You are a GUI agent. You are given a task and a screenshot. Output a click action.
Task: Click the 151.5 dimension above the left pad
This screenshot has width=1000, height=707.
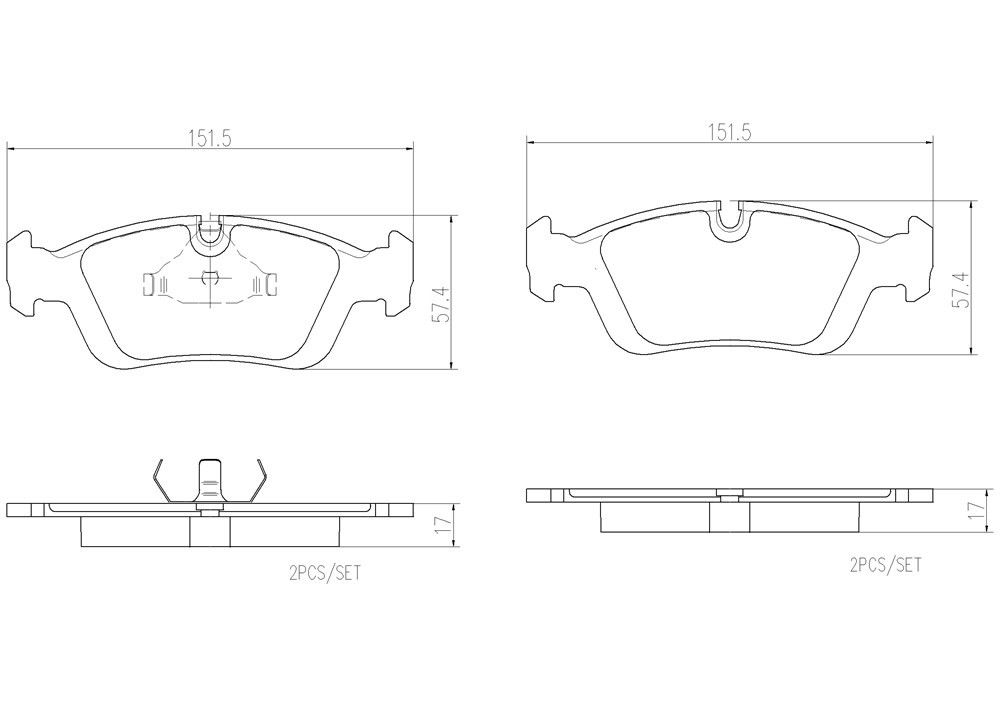tap(211, 140)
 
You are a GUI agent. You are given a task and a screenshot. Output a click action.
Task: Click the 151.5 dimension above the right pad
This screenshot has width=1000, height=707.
tap(731, 132)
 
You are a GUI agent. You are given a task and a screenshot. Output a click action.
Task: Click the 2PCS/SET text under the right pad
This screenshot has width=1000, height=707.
tap(884, 565)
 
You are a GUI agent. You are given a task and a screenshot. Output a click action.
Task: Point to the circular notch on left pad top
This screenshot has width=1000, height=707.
tap(210, 235)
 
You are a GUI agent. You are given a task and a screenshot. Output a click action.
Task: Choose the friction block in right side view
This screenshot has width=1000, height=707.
tap(730, 517)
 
